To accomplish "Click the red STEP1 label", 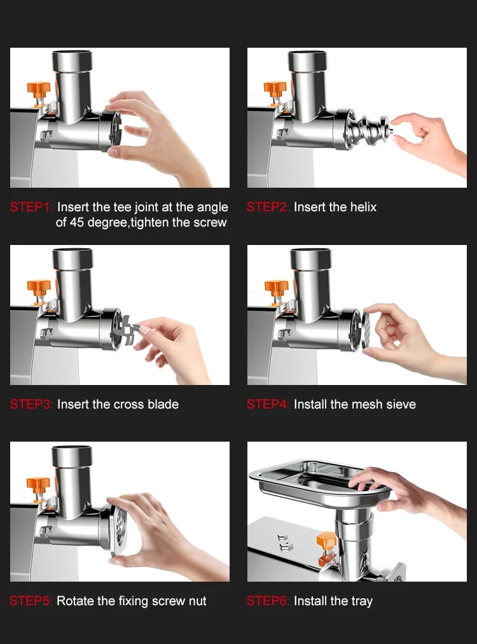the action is pos(32,207).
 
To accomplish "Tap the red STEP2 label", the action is pos(268,207).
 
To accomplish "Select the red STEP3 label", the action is pos(32,404).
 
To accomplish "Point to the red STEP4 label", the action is pos(268,404).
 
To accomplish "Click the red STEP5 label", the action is pos(31,601).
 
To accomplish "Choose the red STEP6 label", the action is pos(268,601).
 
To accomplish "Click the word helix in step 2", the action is pos(363,207).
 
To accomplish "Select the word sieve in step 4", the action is pos(401,404).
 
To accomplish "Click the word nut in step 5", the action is pos(198,601).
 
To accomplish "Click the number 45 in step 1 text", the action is pos(77,223).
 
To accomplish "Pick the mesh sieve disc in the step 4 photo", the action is pos(366,332).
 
